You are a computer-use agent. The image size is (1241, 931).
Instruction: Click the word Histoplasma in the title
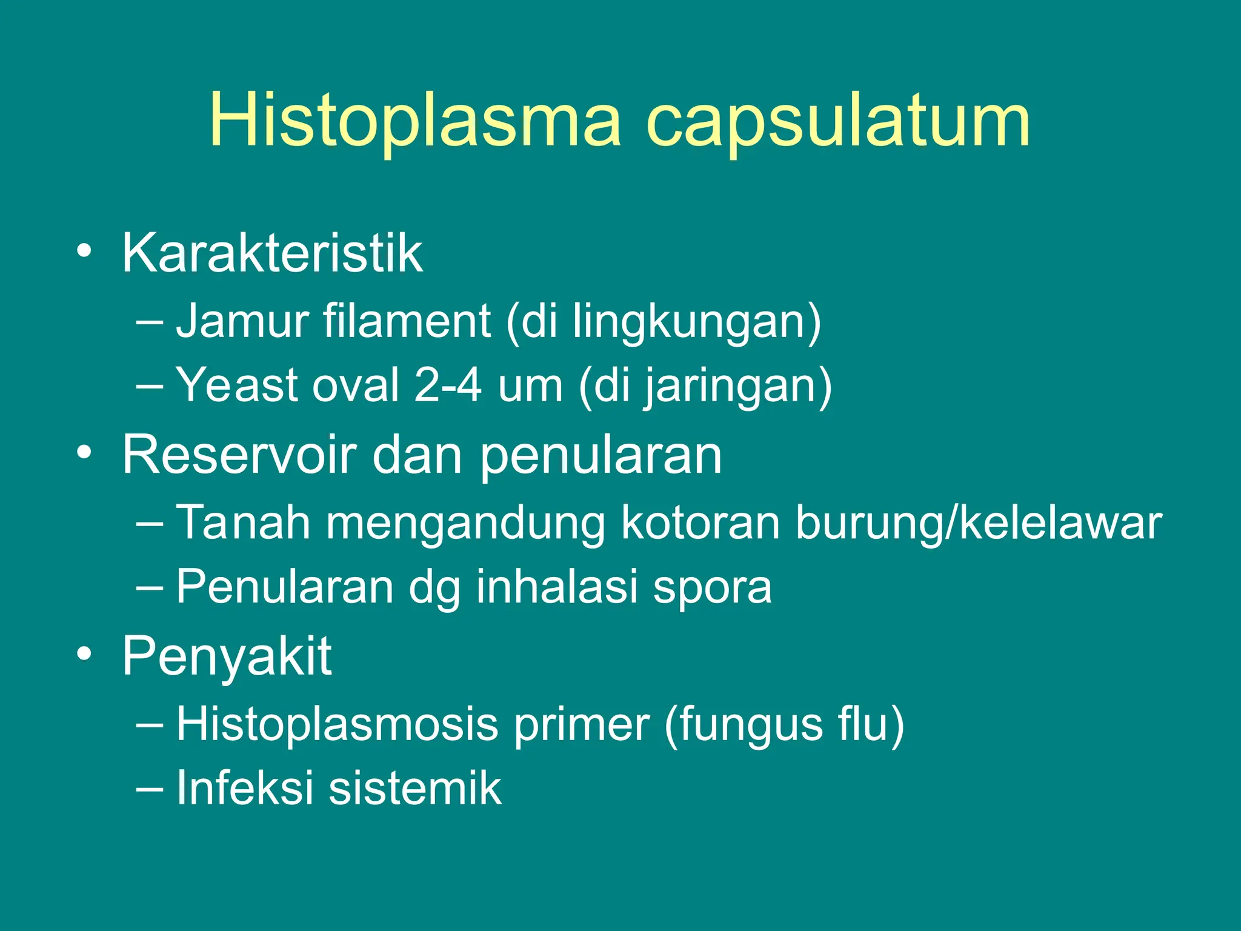[x=415, y=121]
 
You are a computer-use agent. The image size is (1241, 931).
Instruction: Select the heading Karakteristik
[x=272, y=253]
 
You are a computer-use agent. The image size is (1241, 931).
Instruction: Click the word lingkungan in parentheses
[x=691, y=322]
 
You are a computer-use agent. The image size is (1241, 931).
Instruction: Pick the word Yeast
[x=236, y=385]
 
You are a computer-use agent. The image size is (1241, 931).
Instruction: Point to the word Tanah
[x=243, y=522]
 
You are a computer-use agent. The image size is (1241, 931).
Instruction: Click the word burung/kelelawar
[x=978, y=522]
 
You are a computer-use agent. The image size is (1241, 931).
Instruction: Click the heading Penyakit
[x=227, y=656]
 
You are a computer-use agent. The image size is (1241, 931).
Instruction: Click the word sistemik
[x=415, y=788]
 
